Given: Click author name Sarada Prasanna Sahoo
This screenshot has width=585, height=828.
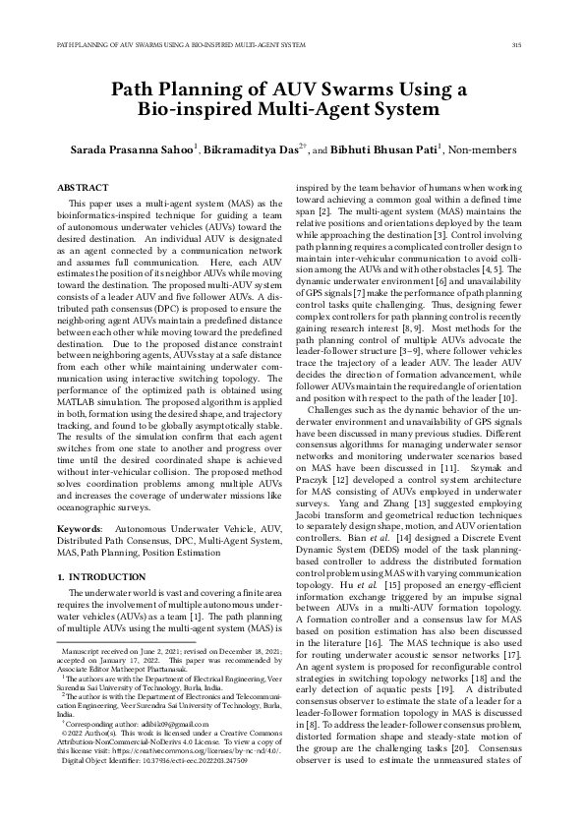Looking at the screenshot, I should (129, 148).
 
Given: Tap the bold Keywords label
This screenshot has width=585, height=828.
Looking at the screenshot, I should (80, 528).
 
